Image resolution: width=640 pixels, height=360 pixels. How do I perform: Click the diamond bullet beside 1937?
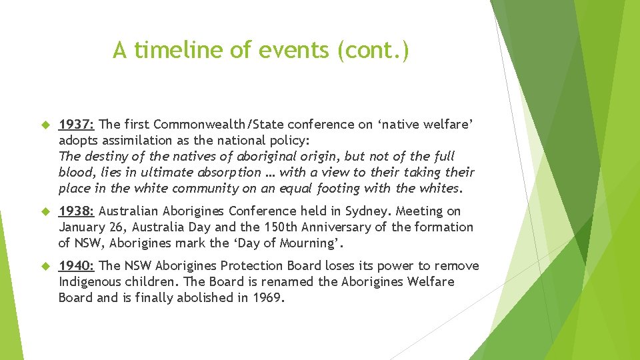point(46,125)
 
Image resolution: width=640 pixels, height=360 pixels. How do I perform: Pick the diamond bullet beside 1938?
point(46,211)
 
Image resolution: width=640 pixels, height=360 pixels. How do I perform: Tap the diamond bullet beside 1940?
point(46,266)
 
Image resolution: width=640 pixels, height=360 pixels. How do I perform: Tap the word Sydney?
point(369,211)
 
